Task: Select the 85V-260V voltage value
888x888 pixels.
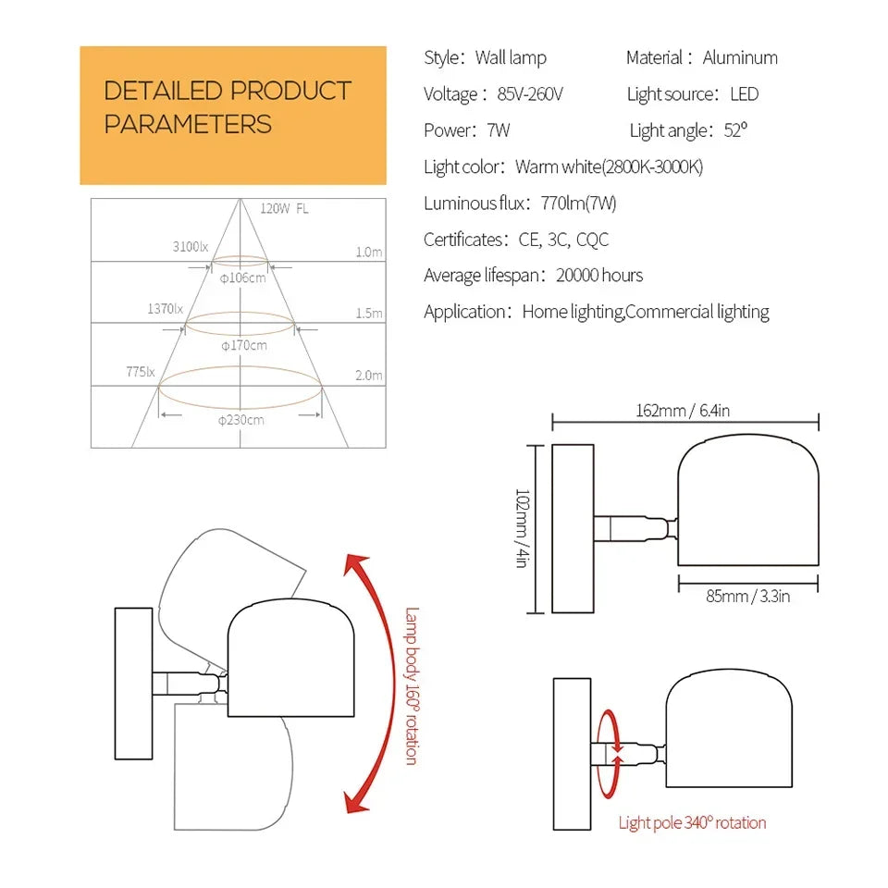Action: click(530, 94)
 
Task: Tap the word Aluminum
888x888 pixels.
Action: click(740, 57)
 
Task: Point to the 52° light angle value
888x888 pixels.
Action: click(735, 130)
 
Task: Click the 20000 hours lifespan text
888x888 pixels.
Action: click(599, 276)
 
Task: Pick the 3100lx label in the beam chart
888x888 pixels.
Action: click(191, 247)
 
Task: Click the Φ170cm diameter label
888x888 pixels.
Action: click(244, 345)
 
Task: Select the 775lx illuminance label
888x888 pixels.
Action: click(141, 372)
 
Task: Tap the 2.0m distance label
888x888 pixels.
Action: click(369, 375)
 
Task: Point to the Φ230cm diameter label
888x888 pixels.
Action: click(241, 420)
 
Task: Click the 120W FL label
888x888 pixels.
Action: click(284, 209)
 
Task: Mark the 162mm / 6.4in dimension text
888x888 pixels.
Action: click(683, 410)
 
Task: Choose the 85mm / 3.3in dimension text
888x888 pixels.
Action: click(747, 596)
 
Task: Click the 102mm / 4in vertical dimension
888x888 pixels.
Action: click(522, 528)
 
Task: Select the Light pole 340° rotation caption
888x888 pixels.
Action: click(692, 823)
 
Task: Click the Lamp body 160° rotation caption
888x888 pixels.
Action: click(413, 686)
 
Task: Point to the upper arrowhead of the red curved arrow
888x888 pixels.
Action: click(354, 563)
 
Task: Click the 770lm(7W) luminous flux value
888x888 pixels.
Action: click(578, 203)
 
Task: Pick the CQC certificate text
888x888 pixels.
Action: click(592, 240)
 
